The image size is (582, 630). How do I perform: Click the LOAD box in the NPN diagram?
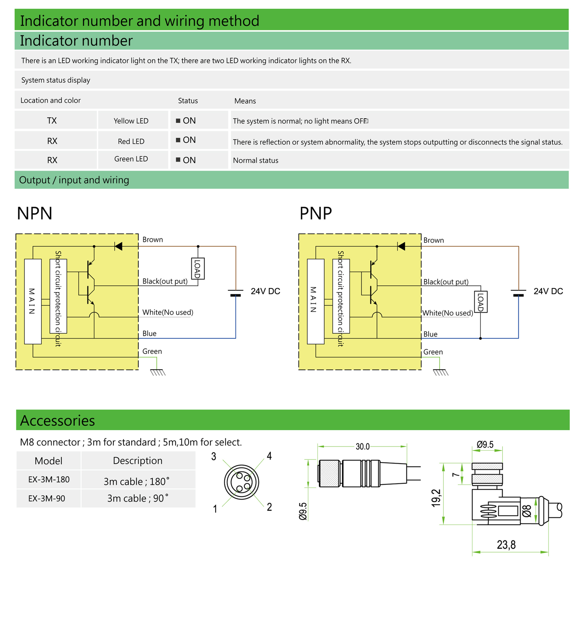pyautogui.click(x=198, y=268)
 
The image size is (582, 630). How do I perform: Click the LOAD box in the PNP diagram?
pyautogui.click(x=481, y=302)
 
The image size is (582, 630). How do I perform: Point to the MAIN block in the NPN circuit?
pyautogui.click(x=33, y=301)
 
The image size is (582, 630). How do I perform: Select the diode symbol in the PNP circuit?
pyautogui.click(x=401, y=246)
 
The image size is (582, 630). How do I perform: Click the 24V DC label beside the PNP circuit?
pyautogui.click(x=548, y=291)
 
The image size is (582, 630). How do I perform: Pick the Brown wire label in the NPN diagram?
pyautogui.click(x=153, y=240)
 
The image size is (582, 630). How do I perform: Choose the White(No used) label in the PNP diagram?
pyautogui.click(x=448, y=313)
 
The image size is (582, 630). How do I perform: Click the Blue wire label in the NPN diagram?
pyautogui.click(x=149, y=334)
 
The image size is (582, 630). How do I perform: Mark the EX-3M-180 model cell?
pyautogui.click(x=48, y=480)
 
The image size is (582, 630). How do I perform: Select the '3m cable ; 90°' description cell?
pyautogui.click(x=138, y=498)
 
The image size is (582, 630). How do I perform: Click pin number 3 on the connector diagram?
pyautogui.click(x=214, y=456)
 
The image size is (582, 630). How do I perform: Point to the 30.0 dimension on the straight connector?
pyautogui.click(x=363, y=447)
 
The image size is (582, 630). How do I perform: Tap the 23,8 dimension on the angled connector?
pyautogui.click(x=506, y=545)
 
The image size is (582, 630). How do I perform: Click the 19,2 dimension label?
pyautogui.click(x=436, y=498)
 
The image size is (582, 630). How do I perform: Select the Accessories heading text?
pyautogui.click(x=58, y=421)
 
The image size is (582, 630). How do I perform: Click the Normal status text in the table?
pyautogui.click(x=256, y=160)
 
